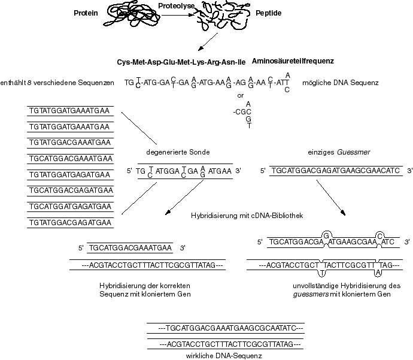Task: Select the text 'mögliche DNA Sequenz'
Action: coord(341,83)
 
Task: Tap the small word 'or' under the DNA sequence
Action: coord(241,95)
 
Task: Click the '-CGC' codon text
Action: coord(241,111)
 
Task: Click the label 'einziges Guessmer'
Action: coord(293,151)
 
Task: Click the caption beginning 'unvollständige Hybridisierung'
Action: coord(343,286)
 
